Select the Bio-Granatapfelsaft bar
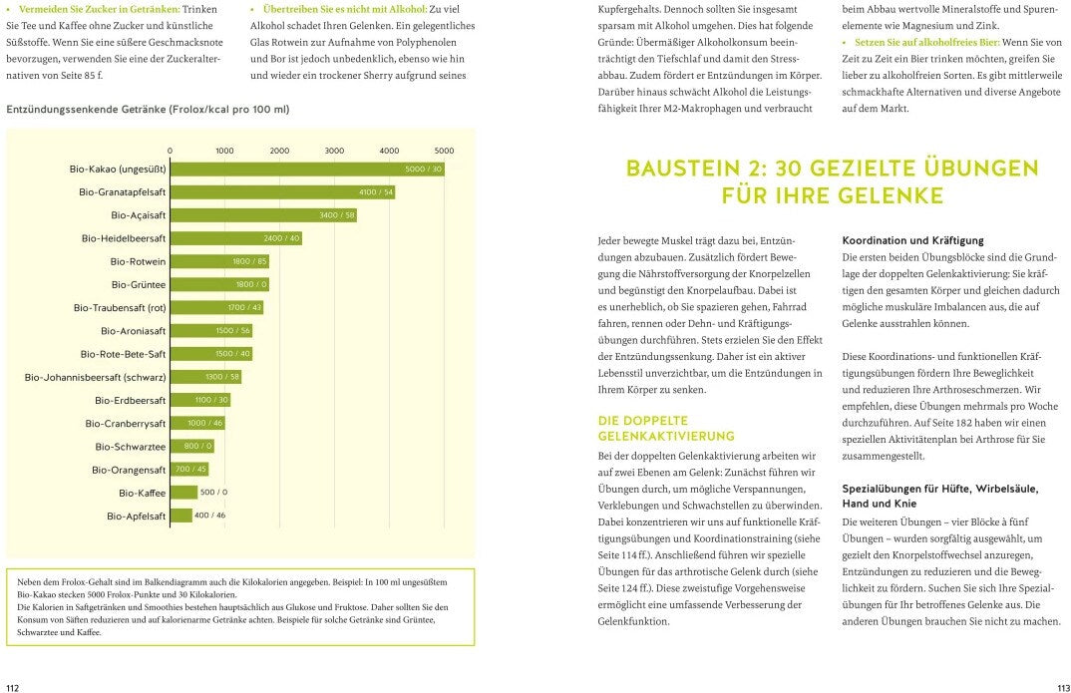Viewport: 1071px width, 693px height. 282,191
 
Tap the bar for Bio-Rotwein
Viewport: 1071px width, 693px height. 219,261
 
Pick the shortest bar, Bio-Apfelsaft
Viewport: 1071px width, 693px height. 180,516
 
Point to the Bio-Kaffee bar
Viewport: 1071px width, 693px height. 183,492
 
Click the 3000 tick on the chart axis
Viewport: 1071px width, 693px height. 334,151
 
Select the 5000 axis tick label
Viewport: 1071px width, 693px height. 444,151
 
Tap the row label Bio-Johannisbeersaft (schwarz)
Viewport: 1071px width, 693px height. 95,377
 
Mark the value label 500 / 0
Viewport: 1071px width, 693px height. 213,492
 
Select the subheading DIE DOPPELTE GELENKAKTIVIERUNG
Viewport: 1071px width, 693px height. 665,428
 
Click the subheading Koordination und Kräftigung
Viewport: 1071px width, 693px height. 912,240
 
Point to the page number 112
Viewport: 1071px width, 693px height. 13,686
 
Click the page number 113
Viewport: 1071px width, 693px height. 1063,686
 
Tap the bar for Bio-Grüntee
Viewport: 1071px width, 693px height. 219,284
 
